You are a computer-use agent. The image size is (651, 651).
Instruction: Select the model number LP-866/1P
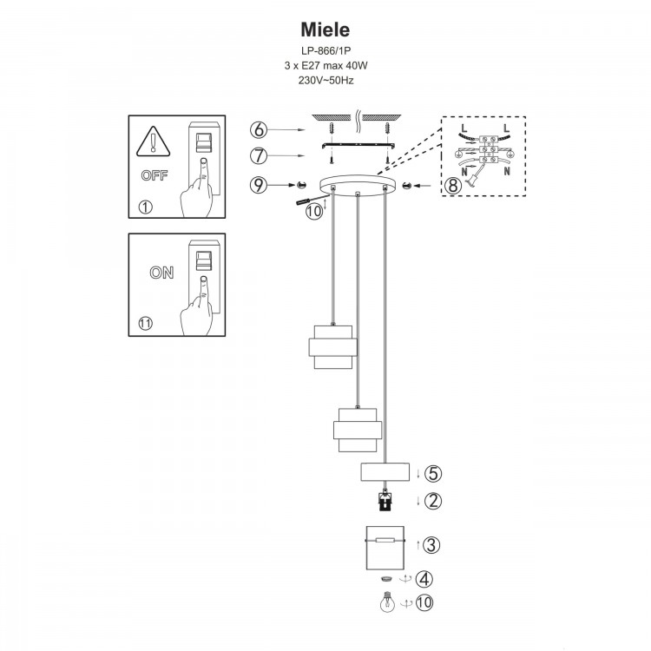click(x=325, y=52)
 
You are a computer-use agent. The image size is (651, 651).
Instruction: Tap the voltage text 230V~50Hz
click(x=325, y=80)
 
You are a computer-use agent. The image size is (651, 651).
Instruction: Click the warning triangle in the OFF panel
click(x=154, y=141)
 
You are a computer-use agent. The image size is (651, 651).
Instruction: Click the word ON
click(x=161, y=272)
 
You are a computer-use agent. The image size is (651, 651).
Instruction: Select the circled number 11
click(x=145, y=324)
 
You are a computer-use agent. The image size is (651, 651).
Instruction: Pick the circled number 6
click(x=258, y=130)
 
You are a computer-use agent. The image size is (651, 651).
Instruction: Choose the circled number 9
click(x=258, y=184)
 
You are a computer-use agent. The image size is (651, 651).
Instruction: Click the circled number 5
click(x=434, y=473)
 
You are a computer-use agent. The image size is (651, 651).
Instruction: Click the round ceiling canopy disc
click(x=356, y=185)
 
